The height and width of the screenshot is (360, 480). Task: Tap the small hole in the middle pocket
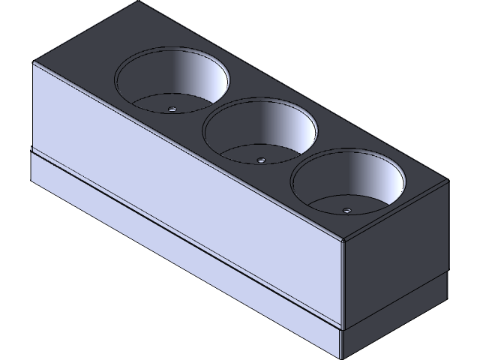pyautogui.click(x=260, y=159)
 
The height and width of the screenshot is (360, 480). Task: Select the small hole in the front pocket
pyautogui.click(x=346, y=210)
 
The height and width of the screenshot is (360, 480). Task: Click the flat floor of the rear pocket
pyautogui.click(x=154, y=103)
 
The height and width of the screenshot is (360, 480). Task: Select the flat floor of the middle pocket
pyautogui.click(x=240, y=154)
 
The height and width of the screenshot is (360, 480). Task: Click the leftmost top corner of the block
pyautogui.click(x=33, y=62)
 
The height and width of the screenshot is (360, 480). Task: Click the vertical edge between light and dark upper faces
pyautogui.click(x=343, y=285)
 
